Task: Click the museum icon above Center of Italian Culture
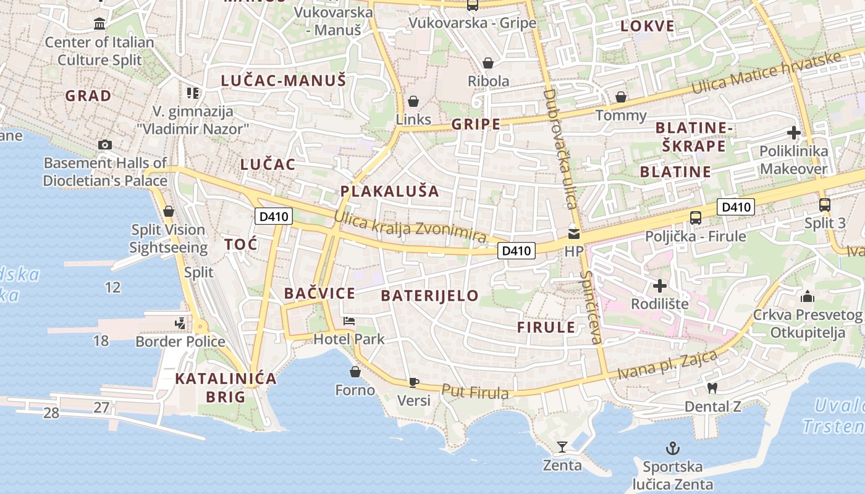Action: click(x=99, y=24)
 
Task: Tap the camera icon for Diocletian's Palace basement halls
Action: click(x=105, y=144)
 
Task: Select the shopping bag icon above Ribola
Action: click(x=488, y=63)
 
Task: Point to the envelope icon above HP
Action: click(x=574, y=233)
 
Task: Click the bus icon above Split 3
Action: click(x=824, y=205)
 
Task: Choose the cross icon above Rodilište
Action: click(x=660, y=286)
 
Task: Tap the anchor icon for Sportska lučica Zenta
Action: click(x=672, y=448)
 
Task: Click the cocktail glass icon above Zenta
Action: click(x=562, y=446)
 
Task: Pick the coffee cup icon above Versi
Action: click(x=414, y=383)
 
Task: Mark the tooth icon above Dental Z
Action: click(x=712, y=388)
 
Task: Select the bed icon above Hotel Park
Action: click(x=349, y=321)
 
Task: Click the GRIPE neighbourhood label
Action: click(x=476, y=124)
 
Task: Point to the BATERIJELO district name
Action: click(x=429, y=295)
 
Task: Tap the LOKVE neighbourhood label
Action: click(x=648, y=26)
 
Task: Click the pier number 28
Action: click(x=51, y=412)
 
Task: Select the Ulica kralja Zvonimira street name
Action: click(x=410, y=227)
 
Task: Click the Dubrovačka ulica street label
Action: click(x=560, y=148)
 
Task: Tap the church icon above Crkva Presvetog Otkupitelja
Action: click(x=807, y=297)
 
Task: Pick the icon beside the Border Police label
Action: click(x=180, y=323)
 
